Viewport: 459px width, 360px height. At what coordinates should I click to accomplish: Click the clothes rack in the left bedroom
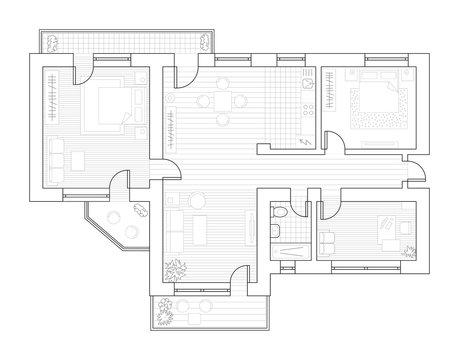pyautogui.click(x=47, y=101)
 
